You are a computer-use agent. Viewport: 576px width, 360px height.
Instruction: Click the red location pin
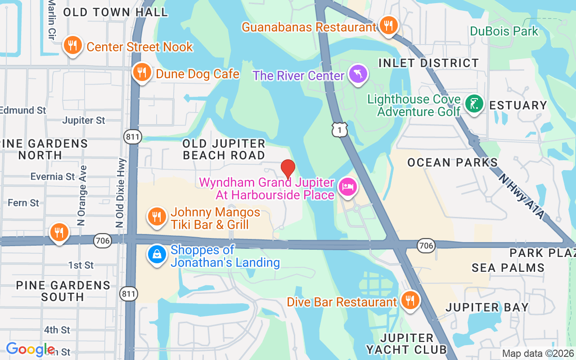(288, 169)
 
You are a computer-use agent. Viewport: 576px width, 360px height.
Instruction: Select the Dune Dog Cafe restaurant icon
(141, 72)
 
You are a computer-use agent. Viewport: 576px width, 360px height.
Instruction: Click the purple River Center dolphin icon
(358, 74)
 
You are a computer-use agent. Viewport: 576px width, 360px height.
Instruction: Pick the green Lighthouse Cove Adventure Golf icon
(474, 104)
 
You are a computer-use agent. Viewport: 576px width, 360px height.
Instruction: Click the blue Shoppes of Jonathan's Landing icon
(157, 255)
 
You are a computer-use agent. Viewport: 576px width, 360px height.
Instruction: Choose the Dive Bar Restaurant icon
(409, 300)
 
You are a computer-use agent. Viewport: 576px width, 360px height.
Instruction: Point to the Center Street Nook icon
(72, 45)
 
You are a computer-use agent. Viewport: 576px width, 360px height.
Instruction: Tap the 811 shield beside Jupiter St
(134, 137)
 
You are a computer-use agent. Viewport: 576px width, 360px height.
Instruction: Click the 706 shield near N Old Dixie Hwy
(103, 241)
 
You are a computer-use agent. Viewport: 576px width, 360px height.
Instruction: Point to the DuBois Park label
(504, 31)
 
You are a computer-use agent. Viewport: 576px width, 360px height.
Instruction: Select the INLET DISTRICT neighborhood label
(428, 63)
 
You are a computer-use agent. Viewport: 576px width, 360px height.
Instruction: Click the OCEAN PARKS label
(453, 162)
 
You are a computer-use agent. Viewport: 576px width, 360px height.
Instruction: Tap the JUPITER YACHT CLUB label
(406, 344)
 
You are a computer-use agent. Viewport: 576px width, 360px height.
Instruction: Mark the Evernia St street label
(53, 176)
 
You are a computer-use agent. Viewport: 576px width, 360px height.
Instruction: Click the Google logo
(30, 349)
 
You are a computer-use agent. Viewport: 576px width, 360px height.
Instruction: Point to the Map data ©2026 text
(538, 354)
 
